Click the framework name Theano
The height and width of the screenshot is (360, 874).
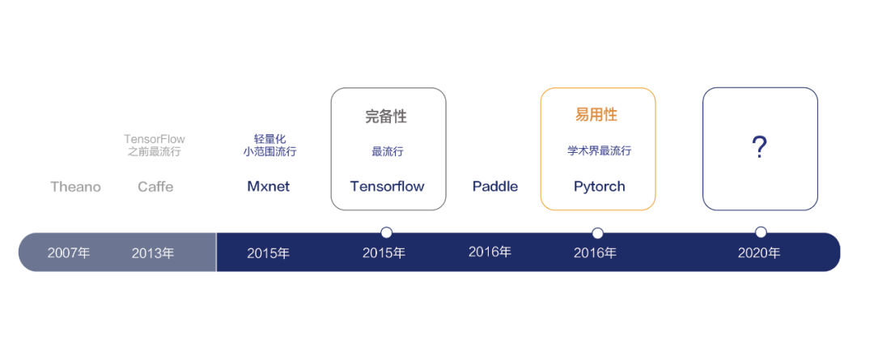click(75, 187)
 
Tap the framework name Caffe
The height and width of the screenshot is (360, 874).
click(155, 187)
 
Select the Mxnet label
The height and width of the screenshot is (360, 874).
click(268, 187)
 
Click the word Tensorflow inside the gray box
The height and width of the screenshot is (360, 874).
click(387, 187)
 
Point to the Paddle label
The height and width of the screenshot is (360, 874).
click(495, 187)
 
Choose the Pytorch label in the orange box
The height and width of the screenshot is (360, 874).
click(599, 187)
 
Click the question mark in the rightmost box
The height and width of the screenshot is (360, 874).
click(759, 148)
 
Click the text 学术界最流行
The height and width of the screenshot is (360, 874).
click(599, 151)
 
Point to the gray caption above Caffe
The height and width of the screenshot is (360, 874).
click(154, 146)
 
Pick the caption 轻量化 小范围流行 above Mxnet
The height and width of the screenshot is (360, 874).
click(269, 146)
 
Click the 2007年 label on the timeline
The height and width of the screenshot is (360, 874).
click(69, 253)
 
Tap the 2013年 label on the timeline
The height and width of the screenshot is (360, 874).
click(153, 253)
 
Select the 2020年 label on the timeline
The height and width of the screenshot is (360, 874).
click(759, 253)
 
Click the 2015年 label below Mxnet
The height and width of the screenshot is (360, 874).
click(268, 253)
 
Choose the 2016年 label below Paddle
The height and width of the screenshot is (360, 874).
click(490, 252)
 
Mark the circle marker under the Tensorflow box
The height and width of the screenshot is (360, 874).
click(386, 233)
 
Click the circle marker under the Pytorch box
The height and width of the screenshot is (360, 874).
click(597, 233)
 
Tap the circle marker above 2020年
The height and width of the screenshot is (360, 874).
click(761, 232)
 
